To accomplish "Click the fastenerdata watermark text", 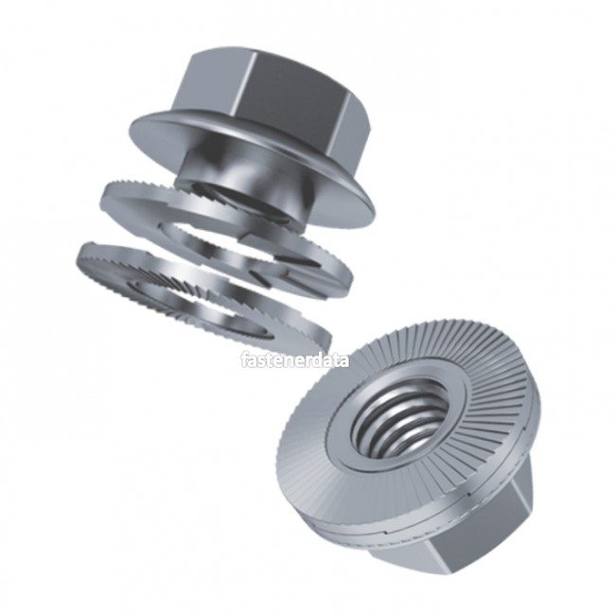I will coord(294,360).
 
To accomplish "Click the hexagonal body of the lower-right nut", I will coord(473,549).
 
